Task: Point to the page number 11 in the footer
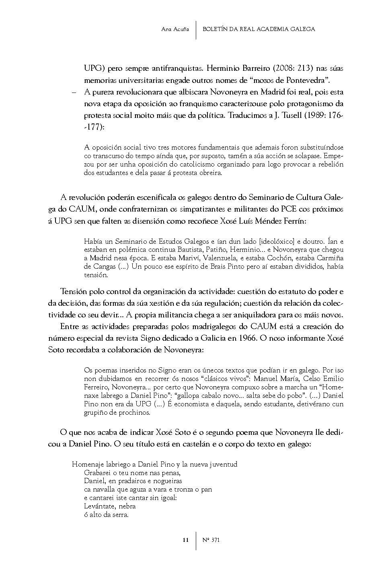pos(185,540)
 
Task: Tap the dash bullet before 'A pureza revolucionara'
pos(74,92)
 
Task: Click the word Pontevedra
pos(306,80)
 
